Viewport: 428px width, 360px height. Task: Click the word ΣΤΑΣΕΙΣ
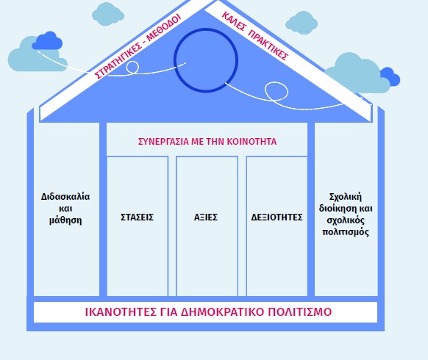(x=137, y=217)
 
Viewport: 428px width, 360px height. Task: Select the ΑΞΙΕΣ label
(x=206, y=217)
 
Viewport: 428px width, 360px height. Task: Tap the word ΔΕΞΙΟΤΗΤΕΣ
(x=277, y=217)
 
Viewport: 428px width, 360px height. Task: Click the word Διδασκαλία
(x=65, y=197)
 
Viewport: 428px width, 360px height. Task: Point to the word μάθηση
(x=65, y=220)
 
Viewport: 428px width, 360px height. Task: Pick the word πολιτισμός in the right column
(x=346, y=232)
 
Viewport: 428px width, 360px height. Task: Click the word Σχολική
(x=346, y=197)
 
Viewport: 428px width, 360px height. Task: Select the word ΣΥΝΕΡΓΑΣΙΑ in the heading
(x=163, y=142)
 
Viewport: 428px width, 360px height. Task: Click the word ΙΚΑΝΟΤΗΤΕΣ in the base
(x=121, y=312)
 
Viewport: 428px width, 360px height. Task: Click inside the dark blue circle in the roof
(x=206, y=60)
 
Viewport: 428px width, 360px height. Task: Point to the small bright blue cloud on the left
(x=47, y=41)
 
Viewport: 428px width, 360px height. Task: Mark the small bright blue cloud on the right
(x=390, y=77)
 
